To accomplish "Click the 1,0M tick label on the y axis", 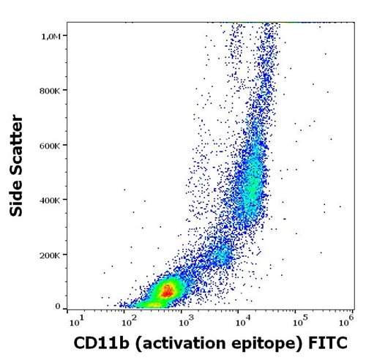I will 57,36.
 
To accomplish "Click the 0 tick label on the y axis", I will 65,306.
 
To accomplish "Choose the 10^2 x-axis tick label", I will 128,320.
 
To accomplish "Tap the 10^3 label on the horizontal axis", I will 184,320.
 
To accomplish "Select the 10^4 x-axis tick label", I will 239,320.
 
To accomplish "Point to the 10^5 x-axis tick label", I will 295,320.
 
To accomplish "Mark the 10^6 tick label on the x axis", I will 348,320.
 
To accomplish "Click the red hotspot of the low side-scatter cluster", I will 168,290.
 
